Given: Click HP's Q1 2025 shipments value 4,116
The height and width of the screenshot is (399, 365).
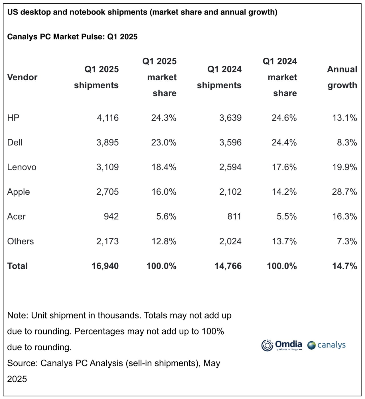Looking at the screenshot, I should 108,118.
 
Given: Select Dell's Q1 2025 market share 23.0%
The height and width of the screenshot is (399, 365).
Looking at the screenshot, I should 164,142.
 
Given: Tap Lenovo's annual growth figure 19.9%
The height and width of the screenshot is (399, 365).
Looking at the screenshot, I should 344,167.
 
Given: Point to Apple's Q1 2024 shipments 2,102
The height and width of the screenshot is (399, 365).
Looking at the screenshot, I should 230,192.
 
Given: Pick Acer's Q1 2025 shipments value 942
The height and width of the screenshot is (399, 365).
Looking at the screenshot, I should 111,216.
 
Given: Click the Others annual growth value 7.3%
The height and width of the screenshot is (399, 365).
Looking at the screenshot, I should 347,241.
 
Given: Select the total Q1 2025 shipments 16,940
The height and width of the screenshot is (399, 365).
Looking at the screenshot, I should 105,266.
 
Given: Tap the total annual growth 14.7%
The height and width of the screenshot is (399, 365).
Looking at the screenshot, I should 344,266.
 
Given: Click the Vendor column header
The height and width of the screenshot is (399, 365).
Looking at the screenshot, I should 22,77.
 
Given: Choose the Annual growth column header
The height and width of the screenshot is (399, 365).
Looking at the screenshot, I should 342,77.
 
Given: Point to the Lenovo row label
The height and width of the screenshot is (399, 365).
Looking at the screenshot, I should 22,167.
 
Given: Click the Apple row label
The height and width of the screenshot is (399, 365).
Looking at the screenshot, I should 18,192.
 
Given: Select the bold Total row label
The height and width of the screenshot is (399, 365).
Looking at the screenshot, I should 17,266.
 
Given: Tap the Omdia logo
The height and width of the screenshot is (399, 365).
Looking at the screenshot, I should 281,345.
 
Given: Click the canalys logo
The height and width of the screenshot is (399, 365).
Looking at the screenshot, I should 327,345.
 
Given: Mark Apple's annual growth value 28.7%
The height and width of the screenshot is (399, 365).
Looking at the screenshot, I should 344,192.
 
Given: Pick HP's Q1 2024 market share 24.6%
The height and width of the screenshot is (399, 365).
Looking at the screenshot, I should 284,118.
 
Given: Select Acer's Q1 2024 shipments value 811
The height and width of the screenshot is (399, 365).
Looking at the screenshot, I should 234,216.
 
